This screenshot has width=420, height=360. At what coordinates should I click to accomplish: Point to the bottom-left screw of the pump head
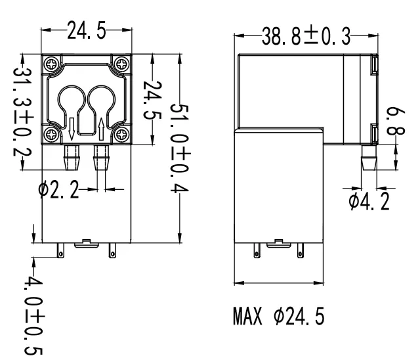click(51, 135)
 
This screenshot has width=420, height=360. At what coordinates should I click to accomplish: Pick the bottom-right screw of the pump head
click(122, 135)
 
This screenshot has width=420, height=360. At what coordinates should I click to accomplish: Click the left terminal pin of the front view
click(61, 252)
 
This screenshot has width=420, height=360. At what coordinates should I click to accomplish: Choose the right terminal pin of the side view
click(301, 252)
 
